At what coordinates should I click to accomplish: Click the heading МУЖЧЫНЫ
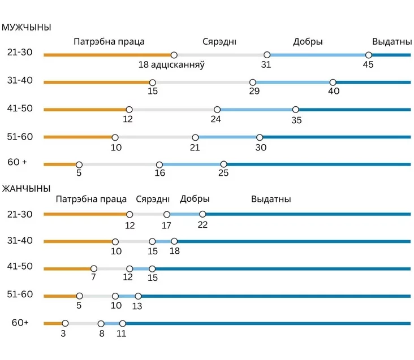[x=27, y=27]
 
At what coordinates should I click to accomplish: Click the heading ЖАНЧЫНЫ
[x=27, y=188]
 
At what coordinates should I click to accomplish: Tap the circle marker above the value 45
[x=368, y=55]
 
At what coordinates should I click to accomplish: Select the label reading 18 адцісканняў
[x=171, y=65]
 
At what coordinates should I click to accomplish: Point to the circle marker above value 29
[x=253, y=83]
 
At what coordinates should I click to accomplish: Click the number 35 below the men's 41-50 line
[x=296, y=120]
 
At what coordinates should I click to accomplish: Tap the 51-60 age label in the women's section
[x=20, y=294]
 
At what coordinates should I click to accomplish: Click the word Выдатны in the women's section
[x=271, y=199]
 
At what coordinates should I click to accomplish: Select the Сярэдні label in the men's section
[x=219, y=41]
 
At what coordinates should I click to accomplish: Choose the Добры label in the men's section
[x=308, y=41]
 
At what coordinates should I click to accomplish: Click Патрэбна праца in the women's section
[x=91, y=199]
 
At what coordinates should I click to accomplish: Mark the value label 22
[x=202, y=225]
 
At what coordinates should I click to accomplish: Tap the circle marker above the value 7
[x=94, y=268]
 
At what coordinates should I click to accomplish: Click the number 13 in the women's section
[x=137, y=306]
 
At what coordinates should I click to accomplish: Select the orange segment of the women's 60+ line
[x=54, y=323]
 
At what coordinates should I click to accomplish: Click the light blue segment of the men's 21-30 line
[x=317, y=55]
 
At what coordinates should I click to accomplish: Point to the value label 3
[x=64, y=333]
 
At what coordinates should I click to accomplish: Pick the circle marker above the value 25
[x=223, y=164]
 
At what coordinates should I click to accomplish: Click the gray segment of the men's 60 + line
[x=119, y=164]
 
